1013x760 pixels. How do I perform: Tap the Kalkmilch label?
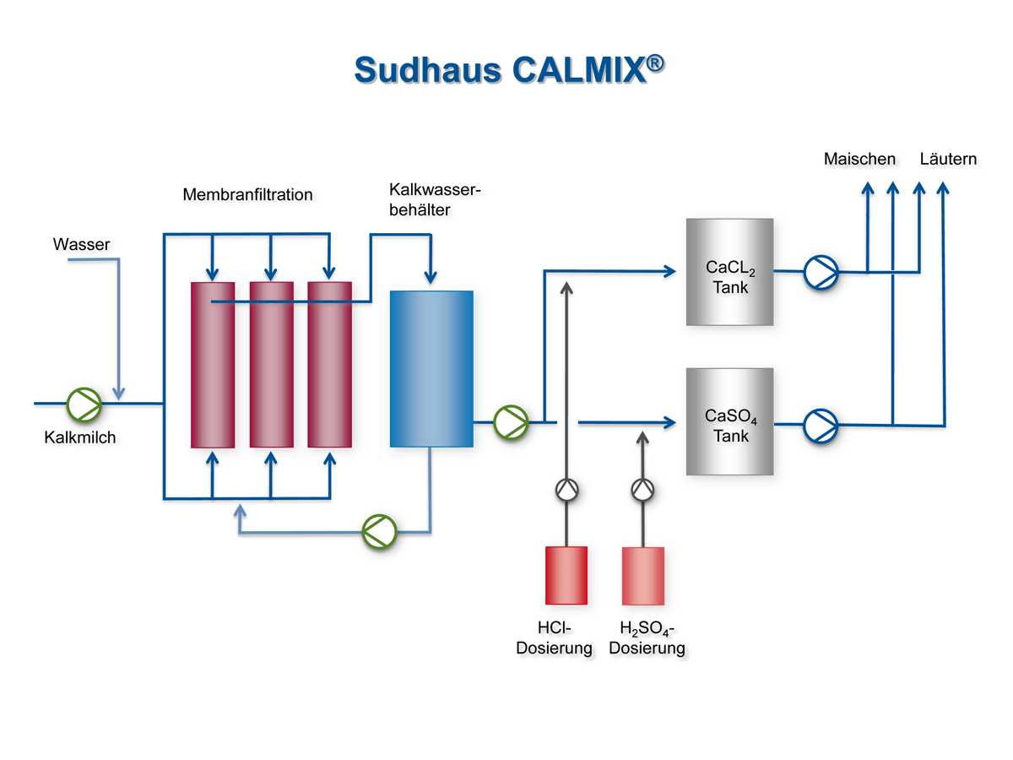[x=80, y=437]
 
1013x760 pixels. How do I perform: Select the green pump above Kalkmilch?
[x=84, y=404]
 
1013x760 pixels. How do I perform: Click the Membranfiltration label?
[x=247, y=195]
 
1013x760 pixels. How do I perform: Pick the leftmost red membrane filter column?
[x=213, y=364]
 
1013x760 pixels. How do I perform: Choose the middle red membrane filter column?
[x=271, y=364]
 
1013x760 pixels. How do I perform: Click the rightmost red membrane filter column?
[x=329, y=364]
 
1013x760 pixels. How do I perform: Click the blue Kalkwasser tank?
[x=431, y=368]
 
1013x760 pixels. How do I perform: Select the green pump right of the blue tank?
[x=510, y=421]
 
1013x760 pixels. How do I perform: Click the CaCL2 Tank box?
[x=729, y=272]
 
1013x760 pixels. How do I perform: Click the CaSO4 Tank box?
[x=729, y=421]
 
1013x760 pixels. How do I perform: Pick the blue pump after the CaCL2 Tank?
[x=820, y=272]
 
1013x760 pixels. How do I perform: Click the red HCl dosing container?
[x=566, y=575]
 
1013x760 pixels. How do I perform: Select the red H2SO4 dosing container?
[x=643, y=575]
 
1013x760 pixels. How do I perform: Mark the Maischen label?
[x=859, y=159]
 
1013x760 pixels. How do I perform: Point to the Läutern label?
[x=948, y=159]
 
